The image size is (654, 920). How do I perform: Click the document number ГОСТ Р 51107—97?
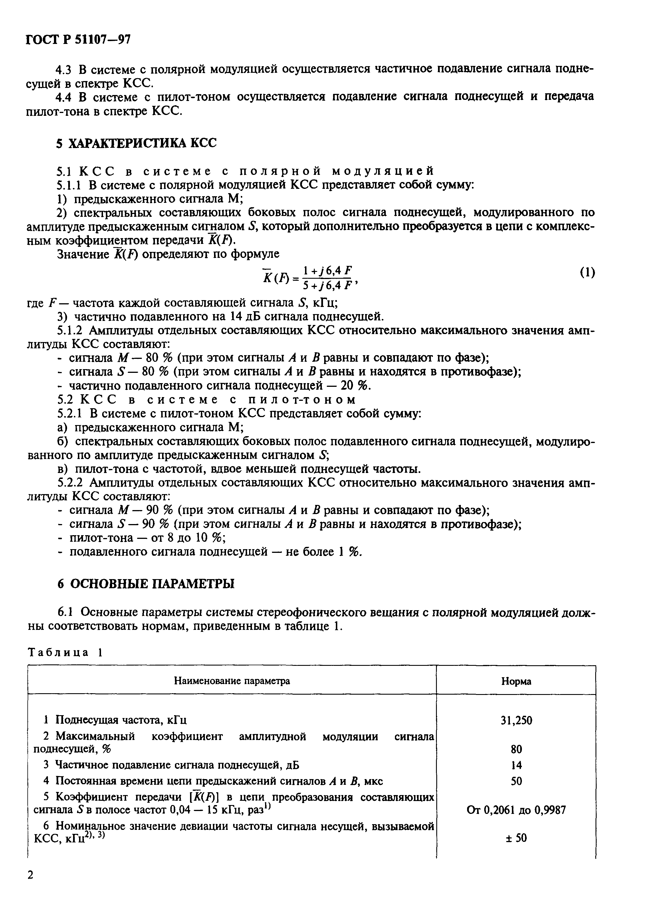78,39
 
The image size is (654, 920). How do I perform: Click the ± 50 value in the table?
516,838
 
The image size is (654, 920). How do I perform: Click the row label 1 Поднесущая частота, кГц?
115,719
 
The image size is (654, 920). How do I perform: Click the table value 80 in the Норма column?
516,749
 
